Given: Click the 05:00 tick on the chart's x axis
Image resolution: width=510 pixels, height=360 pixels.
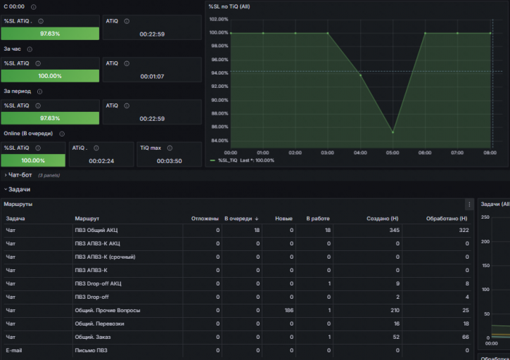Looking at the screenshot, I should [x=393, y=151].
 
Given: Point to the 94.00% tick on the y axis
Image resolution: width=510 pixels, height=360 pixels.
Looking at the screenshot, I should [x=219, y=72].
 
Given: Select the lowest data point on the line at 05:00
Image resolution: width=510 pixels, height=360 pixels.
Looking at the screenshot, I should [x=393, y=132].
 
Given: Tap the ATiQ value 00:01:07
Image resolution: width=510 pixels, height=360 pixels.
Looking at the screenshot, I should [x=152, y=76].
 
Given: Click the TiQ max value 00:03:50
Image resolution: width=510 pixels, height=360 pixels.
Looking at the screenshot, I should [x=170, y=160].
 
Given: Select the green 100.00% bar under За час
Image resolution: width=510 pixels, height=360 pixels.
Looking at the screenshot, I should [x=50, y=76].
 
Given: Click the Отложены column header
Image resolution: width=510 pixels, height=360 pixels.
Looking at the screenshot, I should [x=205, y=218].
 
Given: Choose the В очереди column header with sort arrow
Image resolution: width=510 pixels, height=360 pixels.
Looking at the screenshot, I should [x=242, y=218].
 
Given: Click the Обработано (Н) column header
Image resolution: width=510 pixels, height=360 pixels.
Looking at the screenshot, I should [x=447, y=218].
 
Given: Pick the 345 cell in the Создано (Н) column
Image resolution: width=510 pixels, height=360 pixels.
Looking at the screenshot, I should [x=394, y=230].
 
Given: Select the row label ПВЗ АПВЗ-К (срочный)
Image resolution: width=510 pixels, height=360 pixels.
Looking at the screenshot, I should [x=105, y=257].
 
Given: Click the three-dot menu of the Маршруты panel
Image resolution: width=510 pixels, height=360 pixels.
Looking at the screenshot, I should [x=469, y=204].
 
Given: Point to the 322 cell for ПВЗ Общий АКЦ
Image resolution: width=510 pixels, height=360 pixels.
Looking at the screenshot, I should [x=464, y=230].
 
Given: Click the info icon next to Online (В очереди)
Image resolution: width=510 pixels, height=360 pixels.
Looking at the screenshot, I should [x=62, y=134].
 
